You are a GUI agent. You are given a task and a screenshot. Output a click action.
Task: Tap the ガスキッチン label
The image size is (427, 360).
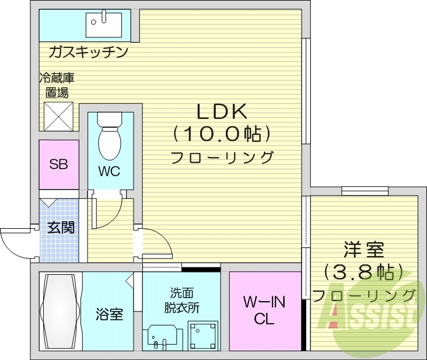pos(88,53)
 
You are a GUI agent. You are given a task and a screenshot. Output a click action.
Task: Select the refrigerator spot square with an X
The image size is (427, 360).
pos(58,116)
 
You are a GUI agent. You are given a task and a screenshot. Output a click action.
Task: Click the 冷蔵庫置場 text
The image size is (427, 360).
pos(57,85)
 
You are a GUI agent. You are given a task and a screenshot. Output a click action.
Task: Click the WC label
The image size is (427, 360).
pos(109,171)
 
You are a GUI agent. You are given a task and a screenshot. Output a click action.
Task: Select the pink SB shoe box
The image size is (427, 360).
pos(58,164)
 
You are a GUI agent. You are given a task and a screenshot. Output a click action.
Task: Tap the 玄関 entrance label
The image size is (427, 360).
pos(61,228)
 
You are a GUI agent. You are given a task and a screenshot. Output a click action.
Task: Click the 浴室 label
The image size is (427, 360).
pos(109,314)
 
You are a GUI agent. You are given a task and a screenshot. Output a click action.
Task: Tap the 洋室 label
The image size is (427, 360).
pos(363,250)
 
